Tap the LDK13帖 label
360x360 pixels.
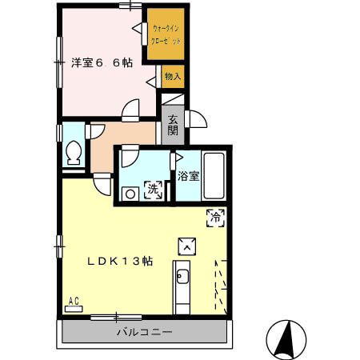click(x=120, y=261)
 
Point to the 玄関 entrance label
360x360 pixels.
click(x=174, y=126)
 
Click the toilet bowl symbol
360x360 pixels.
click(x=74, y=150)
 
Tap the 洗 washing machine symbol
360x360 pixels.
click(x=153, y=190)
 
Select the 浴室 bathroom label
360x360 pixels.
click(x=188, y=175)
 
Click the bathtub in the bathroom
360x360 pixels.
click(x=214, y=174)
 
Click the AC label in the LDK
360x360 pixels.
click(x=74, y=301)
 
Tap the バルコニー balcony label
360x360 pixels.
click(x=144, y=331)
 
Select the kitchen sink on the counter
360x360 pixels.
click(x=182, y=278)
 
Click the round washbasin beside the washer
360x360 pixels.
click(x=129, y=192)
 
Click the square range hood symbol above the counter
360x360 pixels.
click(x=186, y=245)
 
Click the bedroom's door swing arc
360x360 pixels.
click(x=131, y=108)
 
